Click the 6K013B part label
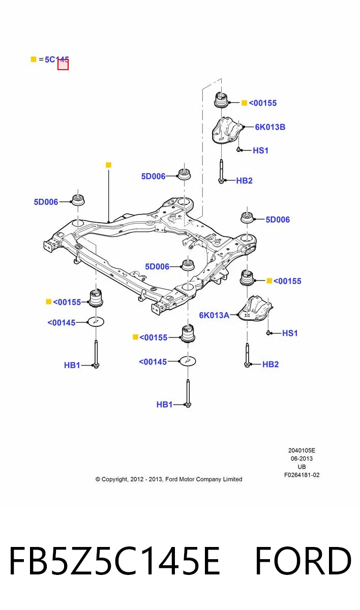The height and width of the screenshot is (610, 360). [x=270, y=127]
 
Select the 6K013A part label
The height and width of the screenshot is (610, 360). [x=214, y=315]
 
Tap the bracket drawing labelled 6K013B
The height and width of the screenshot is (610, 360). [x=227, y=131]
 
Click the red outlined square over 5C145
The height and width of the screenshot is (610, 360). [x=63, y=65]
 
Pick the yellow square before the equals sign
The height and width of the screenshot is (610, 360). [x=34, y=59]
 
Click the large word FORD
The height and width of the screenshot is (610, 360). [x=303, y=561]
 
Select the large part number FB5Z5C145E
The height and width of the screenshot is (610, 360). [x=114, y=561]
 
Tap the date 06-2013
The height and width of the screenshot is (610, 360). [x=302, y=459]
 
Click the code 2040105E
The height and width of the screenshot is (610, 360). [x=302, y=450]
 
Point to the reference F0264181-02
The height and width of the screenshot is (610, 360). [x=302, y=475]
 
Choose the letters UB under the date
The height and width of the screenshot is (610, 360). [x=302, y=467]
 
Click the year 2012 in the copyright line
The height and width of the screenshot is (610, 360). [x=137, y=479]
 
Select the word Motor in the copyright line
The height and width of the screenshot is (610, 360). [x=186, y=479]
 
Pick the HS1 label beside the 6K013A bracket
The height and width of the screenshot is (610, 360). [x=290, y=333]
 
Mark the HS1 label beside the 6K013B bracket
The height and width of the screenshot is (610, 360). [x=261, y=150]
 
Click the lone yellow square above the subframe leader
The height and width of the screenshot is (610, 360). [x=108, y=165]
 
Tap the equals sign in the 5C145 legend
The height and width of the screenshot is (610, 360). [x=41, y=59]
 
